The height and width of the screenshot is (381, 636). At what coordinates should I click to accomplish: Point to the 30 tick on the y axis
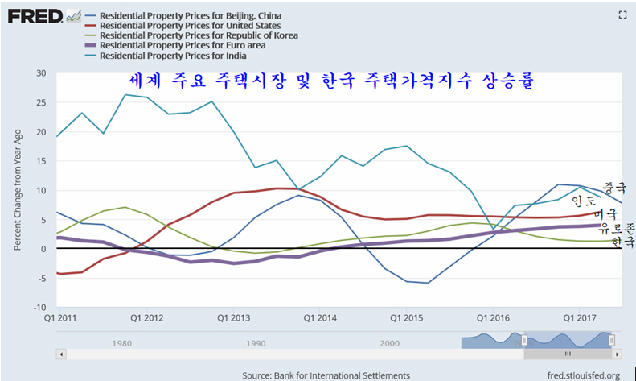pos(40,74)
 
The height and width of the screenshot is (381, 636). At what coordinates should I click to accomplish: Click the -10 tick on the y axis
pos(38,307)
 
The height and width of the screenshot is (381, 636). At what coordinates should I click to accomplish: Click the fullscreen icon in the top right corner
pos(621,14)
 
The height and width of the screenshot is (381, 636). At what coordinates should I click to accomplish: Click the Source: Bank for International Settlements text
pos(326,375)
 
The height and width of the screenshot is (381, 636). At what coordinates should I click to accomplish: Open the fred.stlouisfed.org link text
pos(582,375)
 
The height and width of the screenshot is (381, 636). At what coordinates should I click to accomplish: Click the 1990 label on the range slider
pos(255,342)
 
